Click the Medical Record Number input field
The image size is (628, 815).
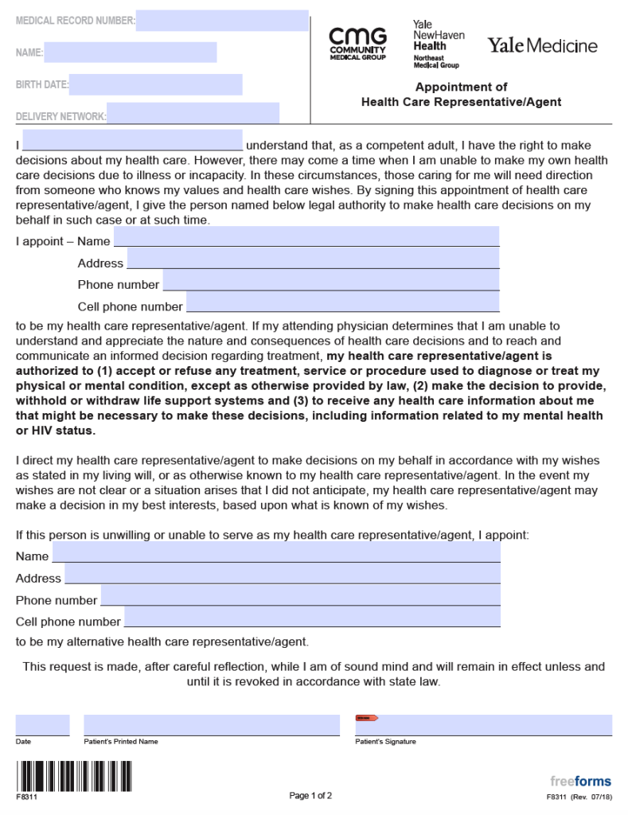click(222, 21)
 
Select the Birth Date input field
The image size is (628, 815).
click(155, 84)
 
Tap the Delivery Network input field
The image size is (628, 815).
click(193, 114)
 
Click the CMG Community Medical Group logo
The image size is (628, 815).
click(357, 45)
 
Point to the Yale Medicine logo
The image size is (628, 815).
click(542, 45)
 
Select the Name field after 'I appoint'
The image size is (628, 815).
click(306, 236)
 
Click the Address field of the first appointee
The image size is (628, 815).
click(313, 259)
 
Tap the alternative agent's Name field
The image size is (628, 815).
click(276, 552)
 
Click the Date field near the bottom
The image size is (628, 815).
click(42, 725)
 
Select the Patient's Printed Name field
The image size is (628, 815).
click(212, 725)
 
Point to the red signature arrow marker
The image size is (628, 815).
click(366, 718)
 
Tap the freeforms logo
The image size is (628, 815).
click(580, 781)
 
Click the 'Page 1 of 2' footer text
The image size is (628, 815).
click(310, 795)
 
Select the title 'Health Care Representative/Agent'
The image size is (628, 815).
click(461, 102)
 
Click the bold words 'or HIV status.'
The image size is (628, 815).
click(56, 431)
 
